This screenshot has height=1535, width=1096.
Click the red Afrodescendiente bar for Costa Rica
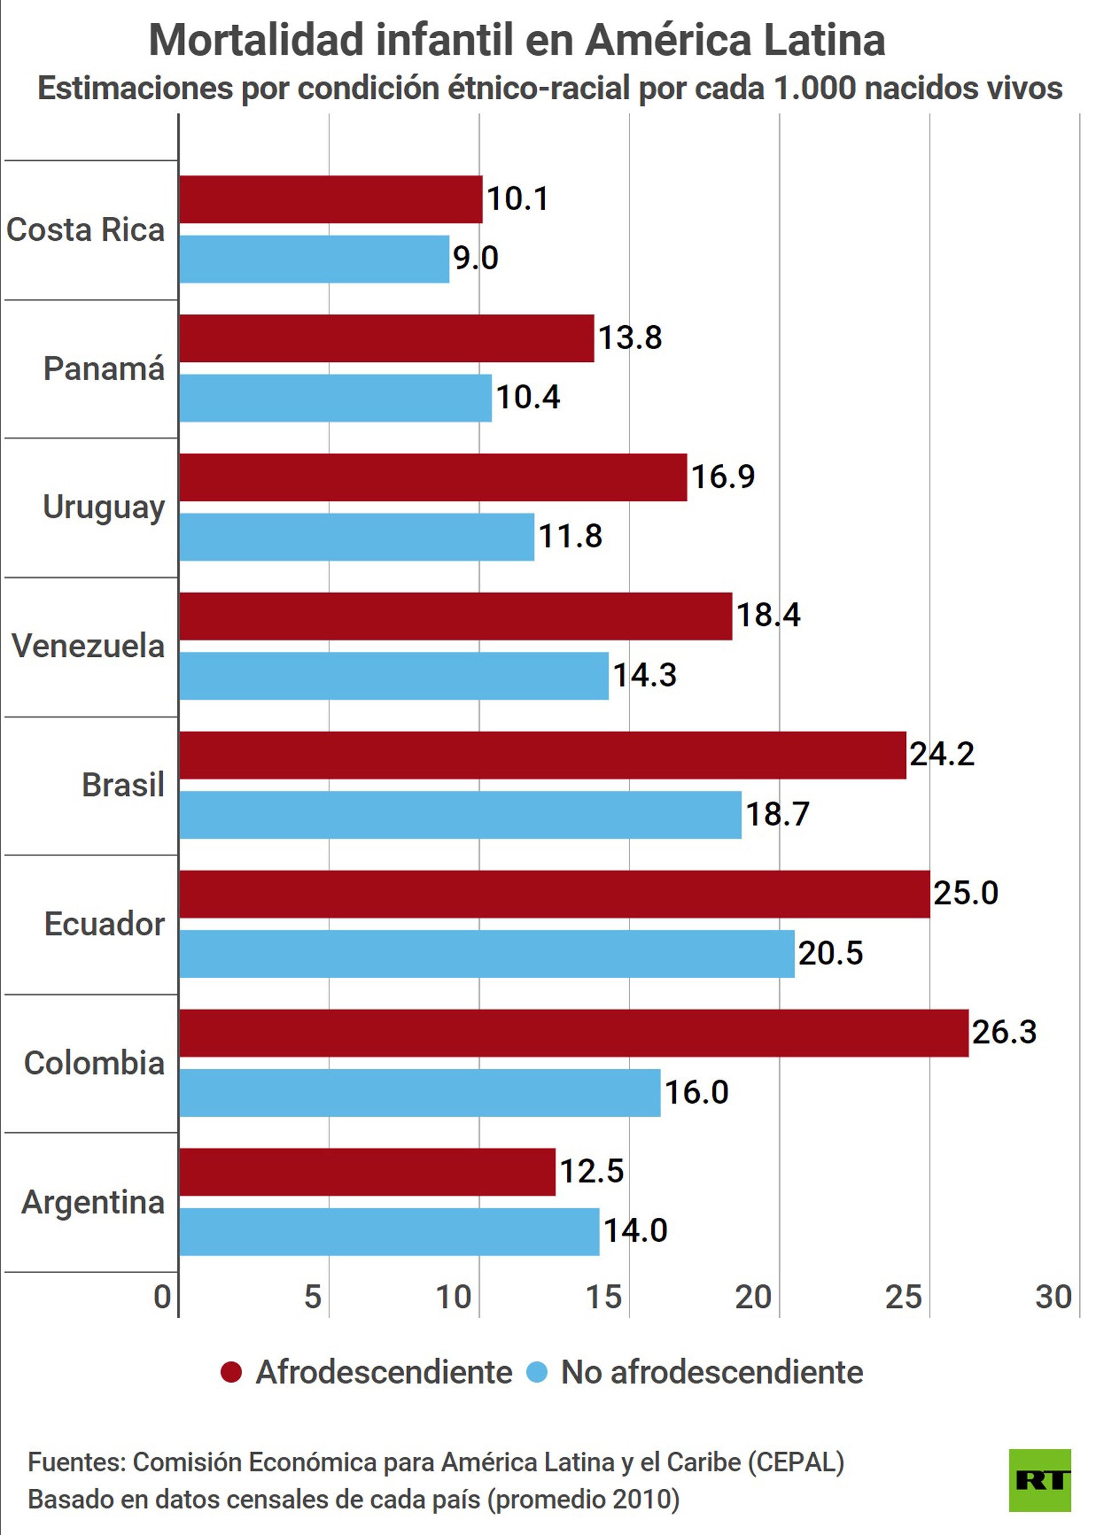[x=331, y=199]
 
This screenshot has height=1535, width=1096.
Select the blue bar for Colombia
[x=420, y=1092]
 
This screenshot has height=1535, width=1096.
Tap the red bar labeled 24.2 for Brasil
[x=543, y=755]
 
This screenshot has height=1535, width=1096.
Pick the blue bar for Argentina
[x=389, y=1231]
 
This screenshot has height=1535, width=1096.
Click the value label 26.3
[x=1004, y=1032]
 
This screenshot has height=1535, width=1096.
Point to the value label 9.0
[x=475, y=258]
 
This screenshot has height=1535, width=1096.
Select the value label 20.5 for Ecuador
[x=830, y=954]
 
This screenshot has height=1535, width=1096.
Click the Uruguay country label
[x=104, y=507]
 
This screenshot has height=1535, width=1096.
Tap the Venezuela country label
[x=88, y=647]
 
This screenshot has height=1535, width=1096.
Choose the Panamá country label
[x=104, y=369]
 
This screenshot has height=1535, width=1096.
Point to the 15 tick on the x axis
[x=603, y=1297]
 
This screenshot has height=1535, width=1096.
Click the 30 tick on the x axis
[x=1053, y=1297]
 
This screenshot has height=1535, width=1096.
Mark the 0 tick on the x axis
[x=162, y=1297]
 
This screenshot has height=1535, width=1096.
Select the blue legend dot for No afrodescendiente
[x=537, y=1372]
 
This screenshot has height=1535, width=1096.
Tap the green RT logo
[x=1039, y=1480]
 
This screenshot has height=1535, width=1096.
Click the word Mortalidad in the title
[x=256, y=41]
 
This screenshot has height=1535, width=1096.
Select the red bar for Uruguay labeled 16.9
[x=433, y=477]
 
